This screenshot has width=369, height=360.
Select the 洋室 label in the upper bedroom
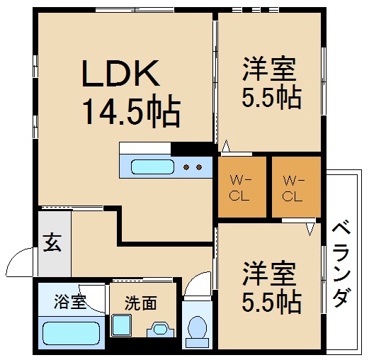coord(268,69)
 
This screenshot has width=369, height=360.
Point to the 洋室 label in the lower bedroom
coord(268,273)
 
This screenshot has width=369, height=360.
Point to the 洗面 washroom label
coord(140,303)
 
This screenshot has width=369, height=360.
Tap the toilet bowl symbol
coord(198,329)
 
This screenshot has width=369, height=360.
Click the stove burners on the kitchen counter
coord(193,168)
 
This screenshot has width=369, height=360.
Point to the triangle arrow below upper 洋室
coord(227,147)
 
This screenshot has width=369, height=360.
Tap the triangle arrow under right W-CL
coord(310,229)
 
